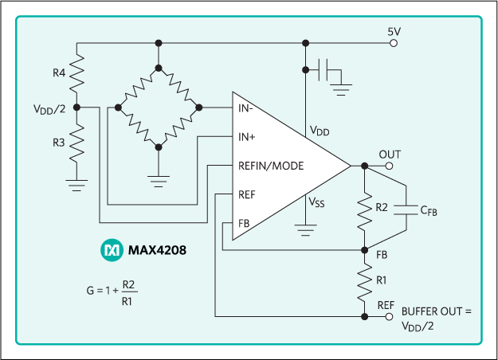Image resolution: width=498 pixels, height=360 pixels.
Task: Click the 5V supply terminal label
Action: [394, 32]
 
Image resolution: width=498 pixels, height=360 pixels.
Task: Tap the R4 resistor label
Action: [59, 72]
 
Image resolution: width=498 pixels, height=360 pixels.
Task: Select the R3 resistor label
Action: [59, 143]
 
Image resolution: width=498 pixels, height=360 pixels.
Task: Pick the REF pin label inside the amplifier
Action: [246, 194]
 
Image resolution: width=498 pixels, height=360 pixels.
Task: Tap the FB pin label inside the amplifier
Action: [244, 223]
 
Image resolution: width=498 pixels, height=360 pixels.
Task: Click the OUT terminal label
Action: [390, 154]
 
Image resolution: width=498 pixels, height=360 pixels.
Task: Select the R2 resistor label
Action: [382, 207]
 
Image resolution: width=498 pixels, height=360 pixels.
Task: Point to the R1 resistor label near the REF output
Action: [382, 280]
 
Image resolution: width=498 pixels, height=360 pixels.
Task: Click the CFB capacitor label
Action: [429, 211]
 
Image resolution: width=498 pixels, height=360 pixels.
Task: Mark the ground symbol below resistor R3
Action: [77, 188]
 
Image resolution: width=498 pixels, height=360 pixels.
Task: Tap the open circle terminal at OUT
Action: [390, 166]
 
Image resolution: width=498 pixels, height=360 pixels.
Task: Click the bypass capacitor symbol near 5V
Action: [324, 70]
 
